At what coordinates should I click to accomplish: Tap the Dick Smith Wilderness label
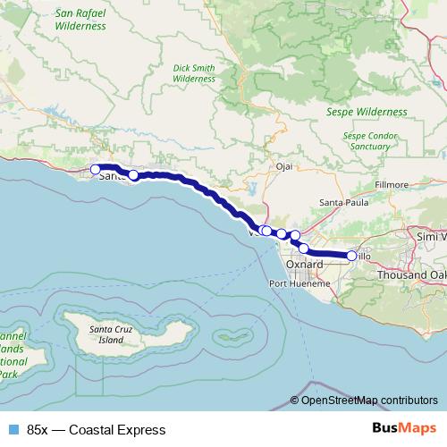click(194, 72)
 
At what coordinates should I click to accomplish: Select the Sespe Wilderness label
click(369, 112)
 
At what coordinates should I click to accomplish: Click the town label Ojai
click(284, 166)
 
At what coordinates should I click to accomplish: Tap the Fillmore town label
click(390, 185)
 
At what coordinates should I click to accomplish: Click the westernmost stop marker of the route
click(96, 168)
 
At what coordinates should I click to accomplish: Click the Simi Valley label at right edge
click(431, 235)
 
